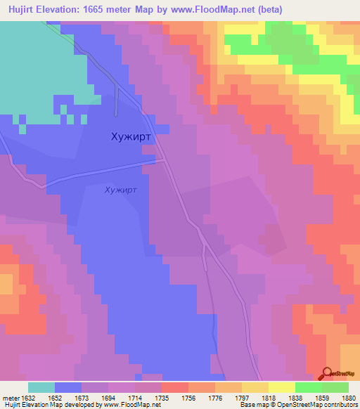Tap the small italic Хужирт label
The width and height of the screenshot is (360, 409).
coord(120,190)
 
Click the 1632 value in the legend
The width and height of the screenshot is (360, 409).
coord(28,397)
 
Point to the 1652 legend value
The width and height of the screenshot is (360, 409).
coord(55,397)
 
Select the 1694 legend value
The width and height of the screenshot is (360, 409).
coord(108,397)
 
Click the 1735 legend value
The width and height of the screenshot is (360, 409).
coord(162,397)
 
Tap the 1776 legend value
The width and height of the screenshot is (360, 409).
coord(215,397)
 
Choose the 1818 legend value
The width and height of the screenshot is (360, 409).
coord(269,397)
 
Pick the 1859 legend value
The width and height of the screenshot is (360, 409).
coord(322,397)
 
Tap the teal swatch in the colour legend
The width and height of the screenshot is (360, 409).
coord(41,387)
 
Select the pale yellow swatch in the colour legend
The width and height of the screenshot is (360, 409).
coord(282,387)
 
